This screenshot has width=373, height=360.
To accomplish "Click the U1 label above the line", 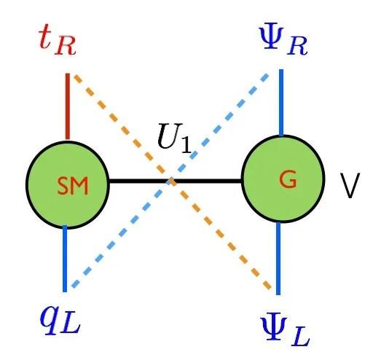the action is [174, 138].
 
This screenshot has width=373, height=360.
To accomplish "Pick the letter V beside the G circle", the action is [350, 186].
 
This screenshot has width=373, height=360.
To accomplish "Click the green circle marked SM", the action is [68, 185].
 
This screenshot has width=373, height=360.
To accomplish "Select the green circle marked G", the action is [283, 179].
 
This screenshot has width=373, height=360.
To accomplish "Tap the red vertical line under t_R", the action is [68, 106].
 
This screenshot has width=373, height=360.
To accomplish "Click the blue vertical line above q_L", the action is [65, 259].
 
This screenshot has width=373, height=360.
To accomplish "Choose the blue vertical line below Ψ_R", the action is [281, 103].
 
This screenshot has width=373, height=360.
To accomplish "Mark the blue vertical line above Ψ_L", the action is [278, 258].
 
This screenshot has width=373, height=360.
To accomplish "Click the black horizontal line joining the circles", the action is [176, 181].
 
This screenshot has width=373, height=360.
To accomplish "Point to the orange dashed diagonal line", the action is [172, 181].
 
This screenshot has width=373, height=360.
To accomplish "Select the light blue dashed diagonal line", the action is [170, 181].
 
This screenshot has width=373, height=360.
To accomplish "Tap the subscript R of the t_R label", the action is [66, 47].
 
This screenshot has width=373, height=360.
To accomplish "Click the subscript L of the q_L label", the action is [71, 325].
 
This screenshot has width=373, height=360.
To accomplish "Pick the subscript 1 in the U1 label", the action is [186, 145].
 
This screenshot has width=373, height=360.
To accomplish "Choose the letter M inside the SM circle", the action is [80, 186].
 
